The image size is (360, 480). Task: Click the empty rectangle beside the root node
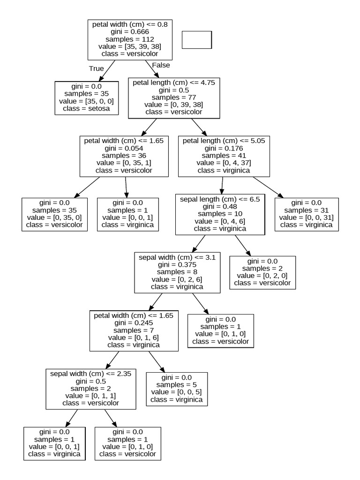point(196,40)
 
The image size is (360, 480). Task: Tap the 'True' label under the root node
point(96,68)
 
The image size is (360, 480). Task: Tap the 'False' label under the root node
point(161,65)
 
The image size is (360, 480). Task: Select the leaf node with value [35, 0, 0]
point(86,98)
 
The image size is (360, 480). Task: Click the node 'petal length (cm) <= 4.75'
point(174,97)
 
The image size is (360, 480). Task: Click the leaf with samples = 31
point(306,214)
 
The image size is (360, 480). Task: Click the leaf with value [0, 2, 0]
point(262,272)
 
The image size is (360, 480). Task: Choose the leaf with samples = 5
point(176,389)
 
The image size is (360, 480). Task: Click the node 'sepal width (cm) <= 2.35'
point(90,388)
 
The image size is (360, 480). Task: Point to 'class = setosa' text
point(86,109)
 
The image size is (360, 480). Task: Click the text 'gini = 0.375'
point(177,264)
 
